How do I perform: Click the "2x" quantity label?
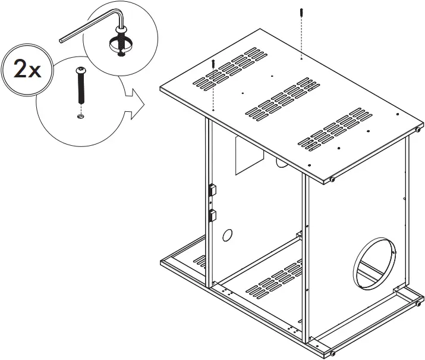tap(26, 70)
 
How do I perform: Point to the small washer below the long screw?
tap(81, 117)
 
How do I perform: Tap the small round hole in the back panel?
tap(226, 236)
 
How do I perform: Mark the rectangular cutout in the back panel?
tap(249, 155)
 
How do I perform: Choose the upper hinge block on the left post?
tap(212, 190)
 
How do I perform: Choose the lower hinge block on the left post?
tap(212, 214)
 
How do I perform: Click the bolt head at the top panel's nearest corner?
tap(333, 179)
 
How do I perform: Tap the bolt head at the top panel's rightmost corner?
tap(418, 128)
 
